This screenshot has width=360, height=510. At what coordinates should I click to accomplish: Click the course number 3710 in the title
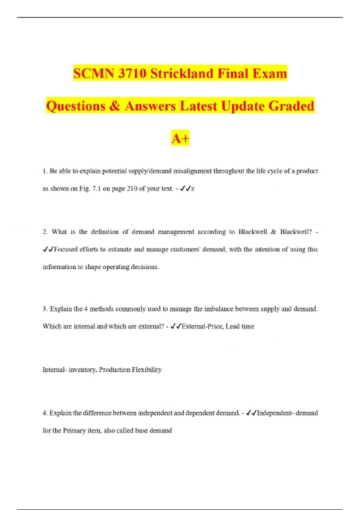click(132, 73)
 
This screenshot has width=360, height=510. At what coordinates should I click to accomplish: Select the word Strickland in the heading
click(182, 73)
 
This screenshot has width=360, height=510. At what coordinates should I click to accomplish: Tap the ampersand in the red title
click(115, 106)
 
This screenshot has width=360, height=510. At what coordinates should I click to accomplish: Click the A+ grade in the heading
click(180, 138)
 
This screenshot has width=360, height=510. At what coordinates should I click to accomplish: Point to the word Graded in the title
click(291, 106)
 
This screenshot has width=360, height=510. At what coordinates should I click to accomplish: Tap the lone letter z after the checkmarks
click(193, 189)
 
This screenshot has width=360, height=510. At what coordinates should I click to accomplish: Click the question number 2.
click(45, 232)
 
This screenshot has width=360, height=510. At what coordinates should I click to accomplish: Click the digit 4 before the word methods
click(86, 309)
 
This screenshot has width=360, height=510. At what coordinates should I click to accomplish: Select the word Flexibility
click(147, 370)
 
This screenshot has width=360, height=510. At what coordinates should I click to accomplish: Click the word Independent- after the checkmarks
click(275, 413)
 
